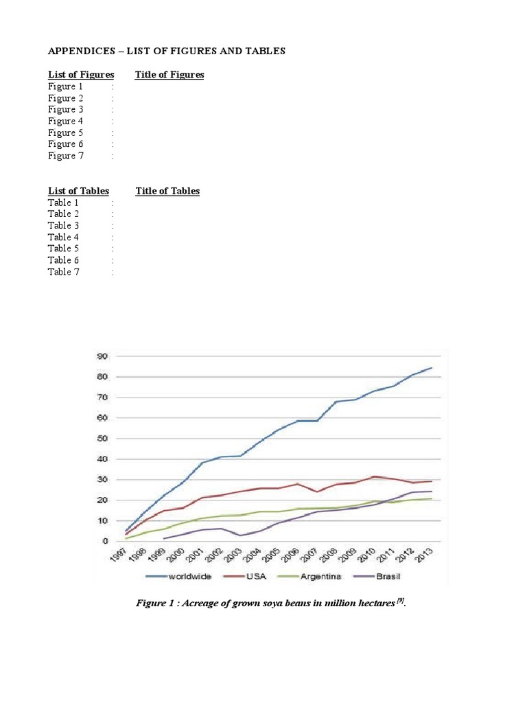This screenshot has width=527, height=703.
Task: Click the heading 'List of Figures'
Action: [x=81, y=74]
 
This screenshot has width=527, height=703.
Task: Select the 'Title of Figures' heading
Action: [x=169, y=74]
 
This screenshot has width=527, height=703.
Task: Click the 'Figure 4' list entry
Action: [x=65, y=121]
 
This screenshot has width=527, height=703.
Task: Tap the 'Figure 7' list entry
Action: [x=65, y=156]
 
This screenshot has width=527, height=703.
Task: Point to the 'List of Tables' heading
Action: [x=78, y=191]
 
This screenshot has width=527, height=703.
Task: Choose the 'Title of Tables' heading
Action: [x=167, y=191]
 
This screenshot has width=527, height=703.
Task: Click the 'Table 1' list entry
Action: [x=63, y=203]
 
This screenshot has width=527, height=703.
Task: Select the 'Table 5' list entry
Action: [x=63, y=249]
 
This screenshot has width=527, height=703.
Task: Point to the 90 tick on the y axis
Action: [x=102, y=356]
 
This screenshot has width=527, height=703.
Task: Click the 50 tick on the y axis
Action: [x=102, y=438]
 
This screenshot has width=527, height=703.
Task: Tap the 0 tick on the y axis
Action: [x=105, y=541]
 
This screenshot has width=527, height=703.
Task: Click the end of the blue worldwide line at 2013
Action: [x=431, y=368]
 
